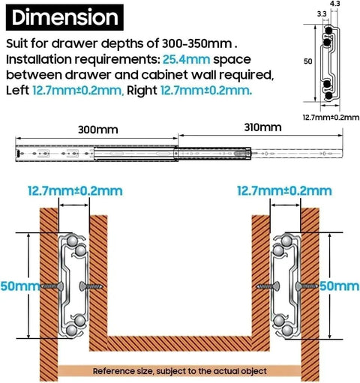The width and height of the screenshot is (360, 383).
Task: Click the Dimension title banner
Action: coord(64,17)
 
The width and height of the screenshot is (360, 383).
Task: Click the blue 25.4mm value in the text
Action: coord(186,59)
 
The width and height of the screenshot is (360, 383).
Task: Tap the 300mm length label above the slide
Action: coord(97,130)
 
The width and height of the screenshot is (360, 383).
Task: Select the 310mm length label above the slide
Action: coord(262,127)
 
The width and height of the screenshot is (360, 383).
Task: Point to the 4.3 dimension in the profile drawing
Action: coord(334,4)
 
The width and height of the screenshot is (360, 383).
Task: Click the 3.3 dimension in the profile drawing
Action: coord(322,14)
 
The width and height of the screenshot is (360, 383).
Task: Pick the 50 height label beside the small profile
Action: coord(308,61)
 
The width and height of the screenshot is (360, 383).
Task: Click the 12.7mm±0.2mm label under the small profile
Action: coord(331,117)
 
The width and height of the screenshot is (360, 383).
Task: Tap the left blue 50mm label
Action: coord(20,286)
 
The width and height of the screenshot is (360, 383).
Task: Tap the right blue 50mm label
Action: coord(339,286)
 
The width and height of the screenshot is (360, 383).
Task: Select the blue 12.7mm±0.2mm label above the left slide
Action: coord(75,191)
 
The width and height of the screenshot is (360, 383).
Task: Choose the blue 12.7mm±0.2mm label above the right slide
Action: coord(284,191)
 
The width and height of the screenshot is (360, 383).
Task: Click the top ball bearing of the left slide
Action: coord(72,241)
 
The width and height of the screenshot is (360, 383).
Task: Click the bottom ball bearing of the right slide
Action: coord(287,331)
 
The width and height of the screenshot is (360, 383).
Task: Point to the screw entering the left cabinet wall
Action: coord(51,286)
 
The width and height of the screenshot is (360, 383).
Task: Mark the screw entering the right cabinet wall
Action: coord(307,286)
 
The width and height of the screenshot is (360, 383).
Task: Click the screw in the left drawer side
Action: coord(91,286)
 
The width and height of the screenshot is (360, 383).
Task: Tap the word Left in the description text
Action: coord(17,91)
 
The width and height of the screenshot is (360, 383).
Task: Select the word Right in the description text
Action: coord(142,91)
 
